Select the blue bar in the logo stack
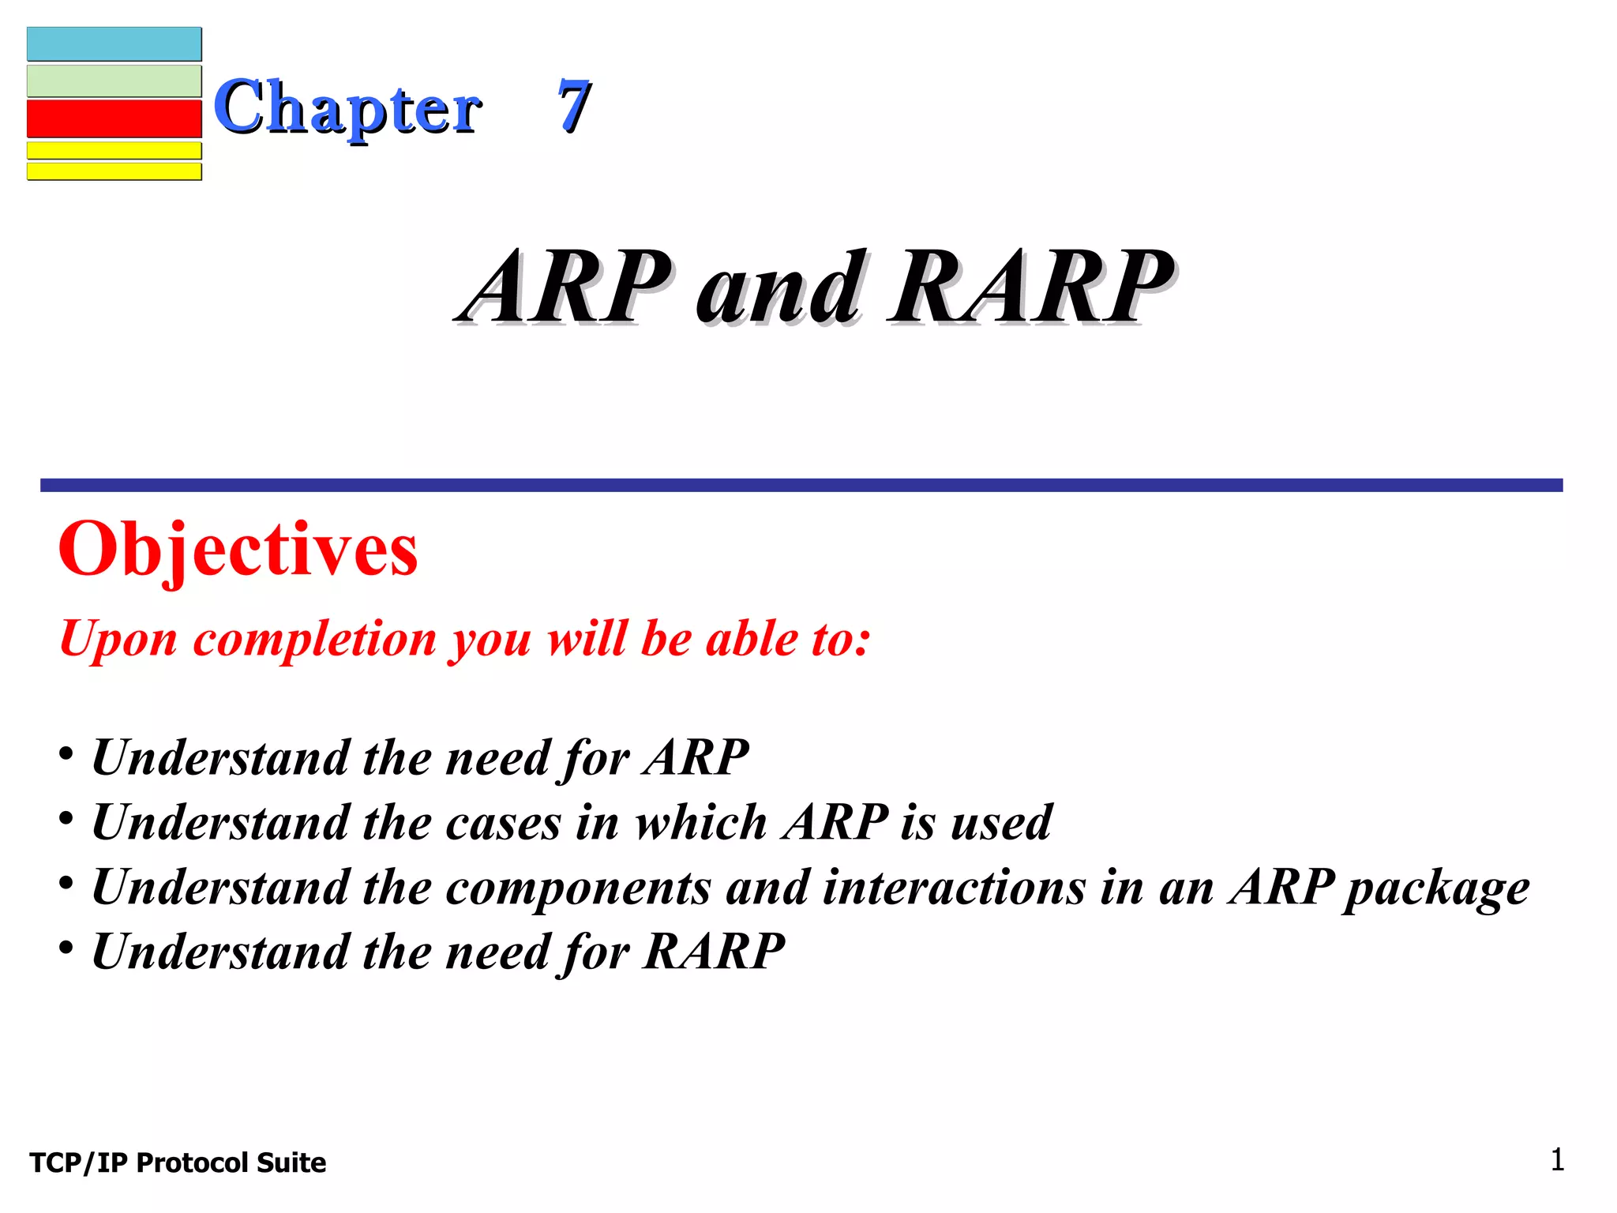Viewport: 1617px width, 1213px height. click(x=114, y=44)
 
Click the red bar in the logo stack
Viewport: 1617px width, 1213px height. click(x=114, y=118)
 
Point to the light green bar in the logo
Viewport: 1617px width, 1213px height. click(x=114, y=81)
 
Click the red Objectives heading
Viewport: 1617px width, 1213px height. click(x=238, y=550)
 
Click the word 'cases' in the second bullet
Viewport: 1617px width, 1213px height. click(x=504, y=822)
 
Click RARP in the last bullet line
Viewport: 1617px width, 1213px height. click(x=714, y=951)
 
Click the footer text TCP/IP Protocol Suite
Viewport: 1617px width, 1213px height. click(x=178, y=1162)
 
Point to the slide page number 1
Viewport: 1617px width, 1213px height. click(x=1557, y=1160)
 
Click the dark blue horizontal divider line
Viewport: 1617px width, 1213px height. click(x=801, y=485)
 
